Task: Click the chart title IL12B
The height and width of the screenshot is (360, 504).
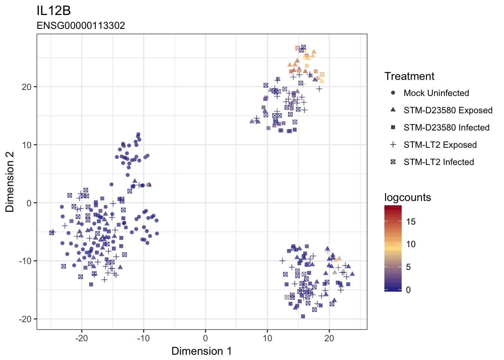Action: coord(54,10)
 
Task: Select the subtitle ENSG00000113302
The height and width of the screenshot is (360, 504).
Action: coord(81,25)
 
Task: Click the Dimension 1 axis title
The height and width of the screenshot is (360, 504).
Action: coord(202,351)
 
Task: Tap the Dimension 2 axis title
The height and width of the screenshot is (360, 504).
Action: coord(10,182)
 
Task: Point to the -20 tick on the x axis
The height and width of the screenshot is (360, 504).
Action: coord(81,338)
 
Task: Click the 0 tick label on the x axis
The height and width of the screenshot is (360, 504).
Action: coord(205,338)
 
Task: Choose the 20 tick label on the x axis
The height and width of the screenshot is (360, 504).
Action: coord(329,338)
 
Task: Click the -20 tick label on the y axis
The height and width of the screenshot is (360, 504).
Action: coord(25,319)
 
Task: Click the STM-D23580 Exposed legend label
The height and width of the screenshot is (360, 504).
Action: coord(448,110)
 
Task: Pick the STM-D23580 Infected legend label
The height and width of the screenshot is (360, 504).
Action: coord(447,127)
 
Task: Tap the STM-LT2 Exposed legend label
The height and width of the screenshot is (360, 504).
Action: coord(440,145)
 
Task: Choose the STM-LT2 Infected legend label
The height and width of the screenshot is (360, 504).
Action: coord(439,162)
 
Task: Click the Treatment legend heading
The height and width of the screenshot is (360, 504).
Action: coord(409,76)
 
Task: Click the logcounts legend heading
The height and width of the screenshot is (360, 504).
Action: coord(408,198)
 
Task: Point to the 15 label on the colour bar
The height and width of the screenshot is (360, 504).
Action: coord(411,222)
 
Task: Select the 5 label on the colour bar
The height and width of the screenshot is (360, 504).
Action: coord(408,267)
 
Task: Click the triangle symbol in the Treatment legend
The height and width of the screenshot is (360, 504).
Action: coord(393,110)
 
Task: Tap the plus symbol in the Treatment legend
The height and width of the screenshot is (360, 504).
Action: coord(393,144)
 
